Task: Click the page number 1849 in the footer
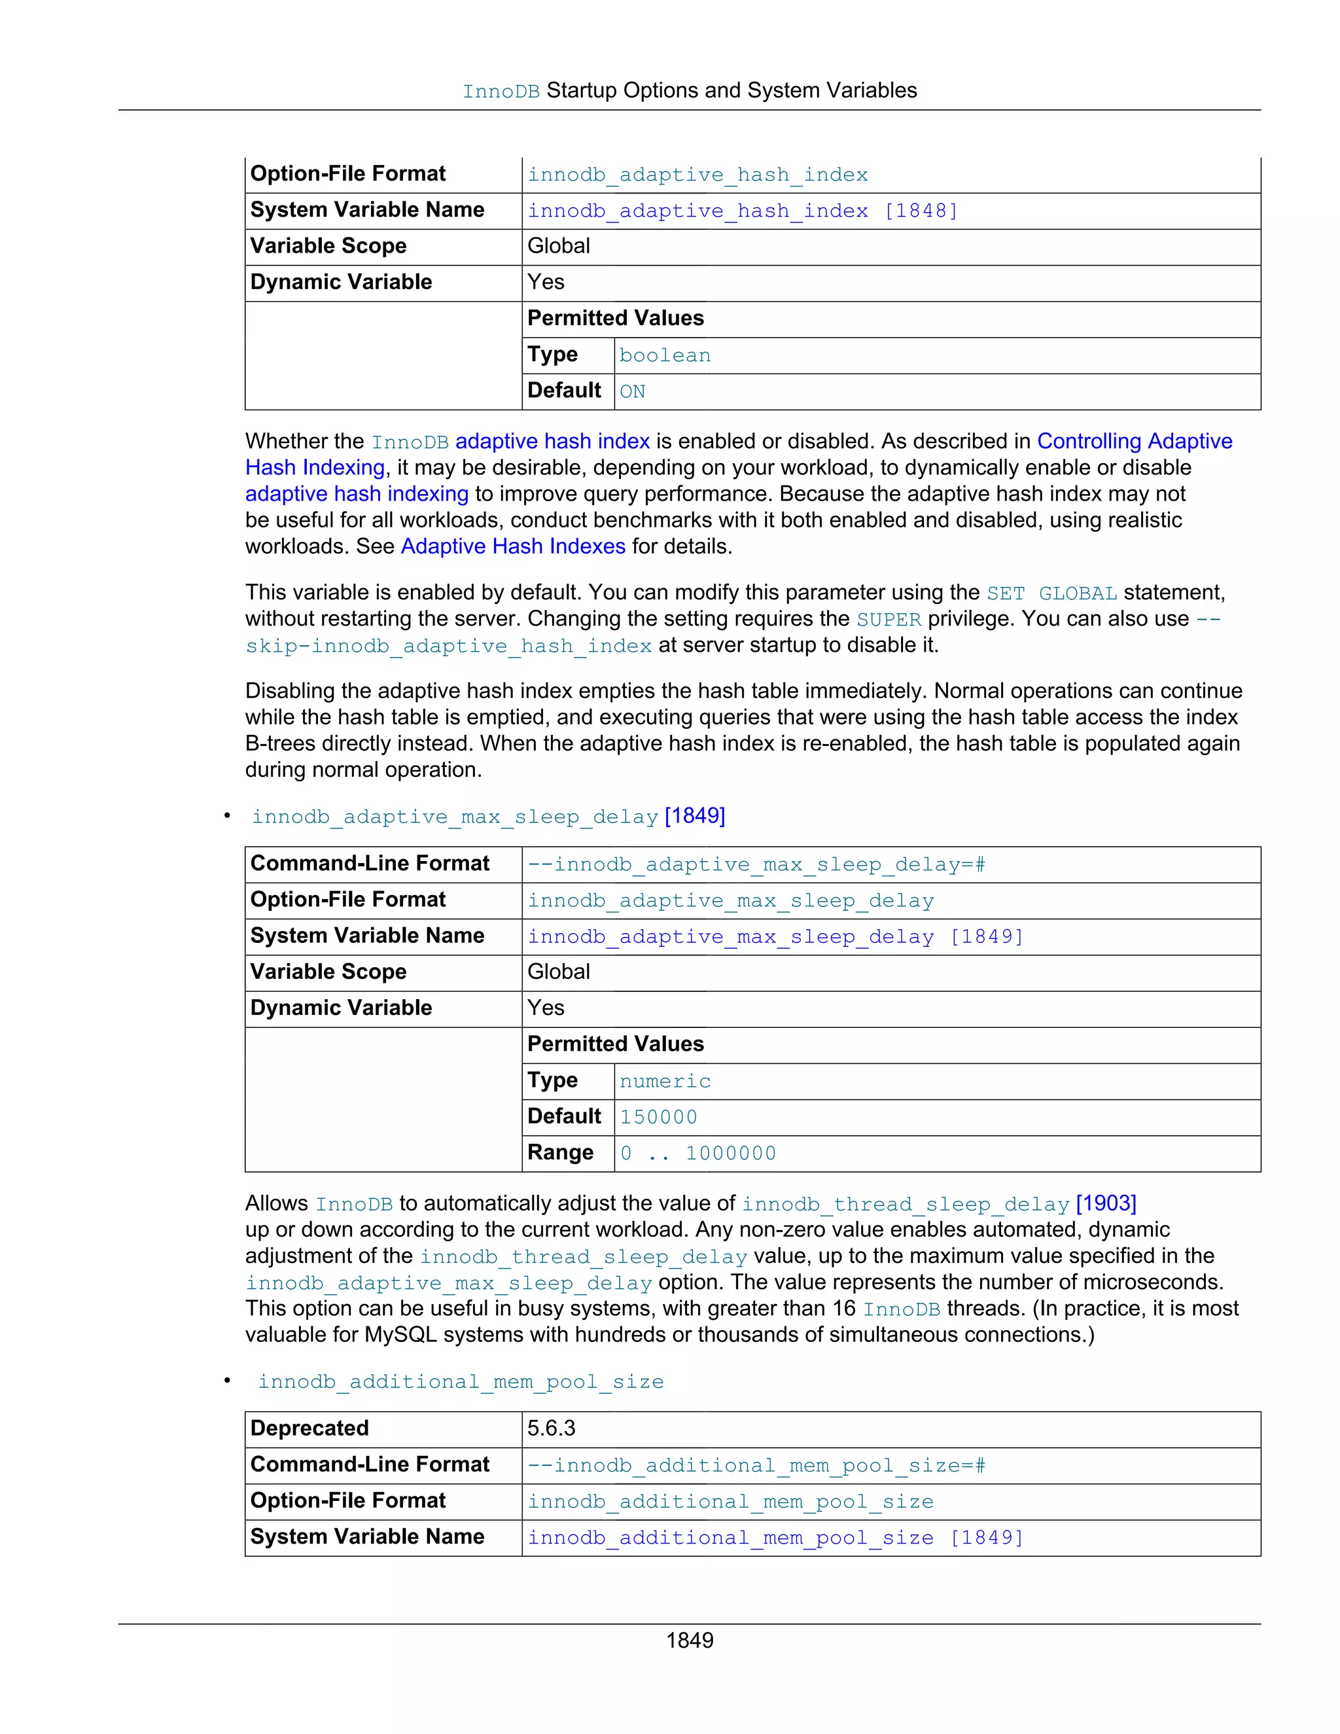(689, 1640)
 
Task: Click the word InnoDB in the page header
(501, 92)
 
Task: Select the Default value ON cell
(633, 391)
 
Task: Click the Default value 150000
(658, 1117)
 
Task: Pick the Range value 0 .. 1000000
(697, 1153)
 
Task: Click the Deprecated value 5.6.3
(551, 1428)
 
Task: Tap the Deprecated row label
(309, 1428)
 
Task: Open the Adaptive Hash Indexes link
(513, 546)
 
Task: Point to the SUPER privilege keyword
(889, 619)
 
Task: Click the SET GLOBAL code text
(1052, 593)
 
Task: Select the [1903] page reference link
(1106, 1203)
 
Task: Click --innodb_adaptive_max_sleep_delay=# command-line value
(756, 864)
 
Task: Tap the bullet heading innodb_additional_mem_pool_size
(461, 1381)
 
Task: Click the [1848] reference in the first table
(921, 211)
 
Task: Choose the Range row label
(561, 1153)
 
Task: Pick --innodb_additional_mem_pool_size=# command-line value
(756, 1465)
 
